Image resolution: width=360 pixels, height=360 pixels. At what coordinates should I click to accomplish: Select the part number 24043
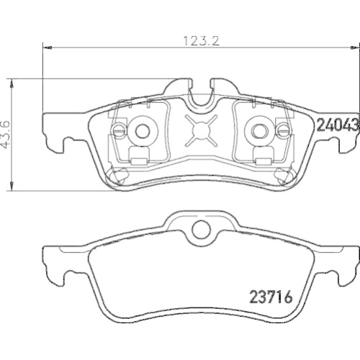tap(338, 125)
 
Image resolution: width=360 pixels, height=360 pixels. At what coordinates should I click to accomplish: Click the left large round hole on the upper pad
tap(142, 130)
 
